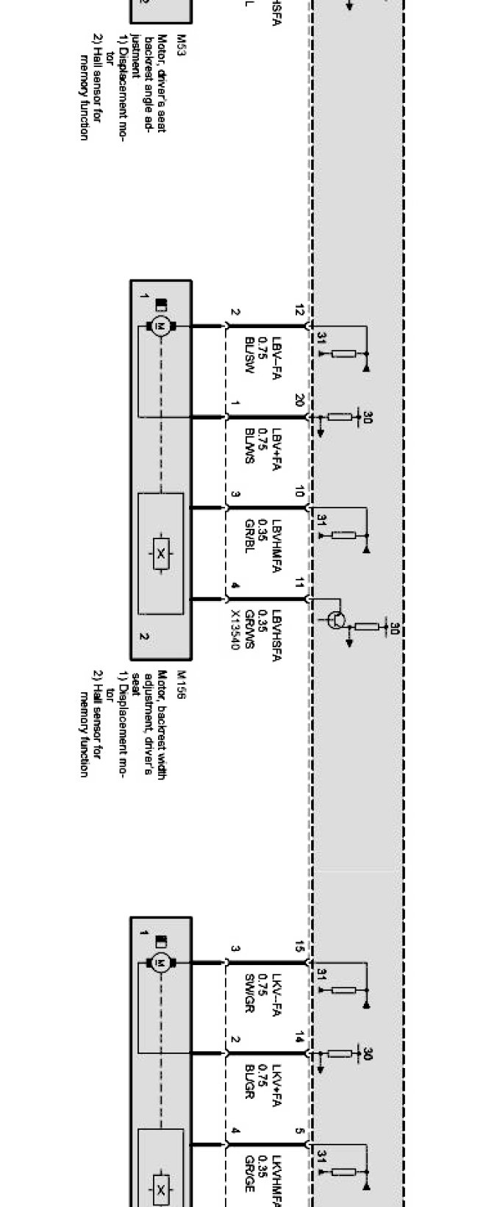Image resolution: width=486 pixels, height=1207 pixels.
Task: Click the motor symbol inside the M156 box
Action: tap(160, 324)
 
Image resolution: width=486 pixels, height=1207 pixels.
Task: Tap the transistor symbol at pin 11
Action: tap(335, 619)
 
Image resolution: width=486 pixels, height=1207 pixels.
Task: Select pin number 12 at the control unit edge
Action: tap(299, 311)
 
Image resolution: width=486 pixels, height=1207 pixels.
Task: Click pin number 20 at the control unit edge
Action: tap(299, 401)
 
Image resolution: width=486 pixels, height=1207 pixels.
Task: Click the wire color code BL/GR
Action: tap(250, 1081)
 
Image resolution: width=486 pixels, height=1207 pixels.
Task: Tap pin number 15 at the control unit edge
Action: tap(299, 947)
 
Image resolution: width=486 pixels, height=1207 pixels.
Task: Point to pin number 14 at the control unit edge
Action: tap(299, 1038)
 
